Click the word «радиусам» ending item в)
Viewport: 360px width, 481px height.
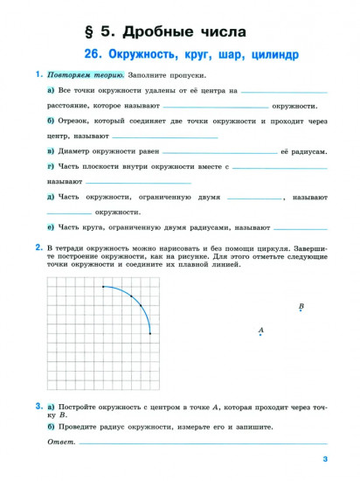[x=308, y=151]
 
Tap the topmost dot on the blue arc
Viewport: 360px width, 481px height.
[x=103, y=286]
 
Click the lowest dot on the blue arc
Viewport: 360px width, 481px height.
[x=150, y=333]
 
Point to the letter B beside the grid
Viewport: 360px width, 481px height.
[x=301, y=306]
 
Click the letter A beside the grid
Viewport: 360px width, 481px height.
[x=260, y=329]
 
